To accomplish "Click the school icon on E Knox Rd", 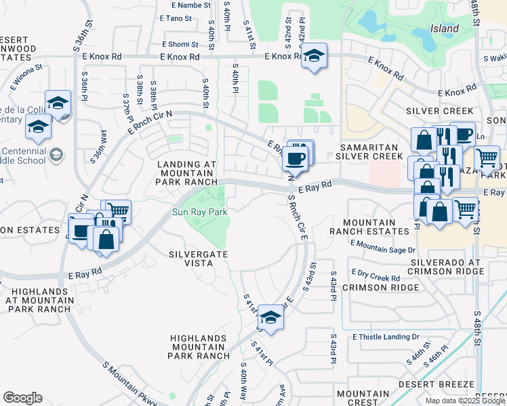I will (315, 56).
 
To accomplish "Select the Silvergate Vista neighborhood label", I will (198, 258).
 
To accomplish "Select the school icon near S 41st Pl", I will (270, 317).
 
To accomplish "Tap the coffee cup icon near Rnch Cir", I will (295, 158).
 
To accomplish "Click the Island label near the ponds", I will (445, 29).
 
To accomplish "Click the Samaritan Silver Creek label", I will (371, 151).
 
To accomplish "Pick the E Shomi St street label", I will (179, 44).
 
